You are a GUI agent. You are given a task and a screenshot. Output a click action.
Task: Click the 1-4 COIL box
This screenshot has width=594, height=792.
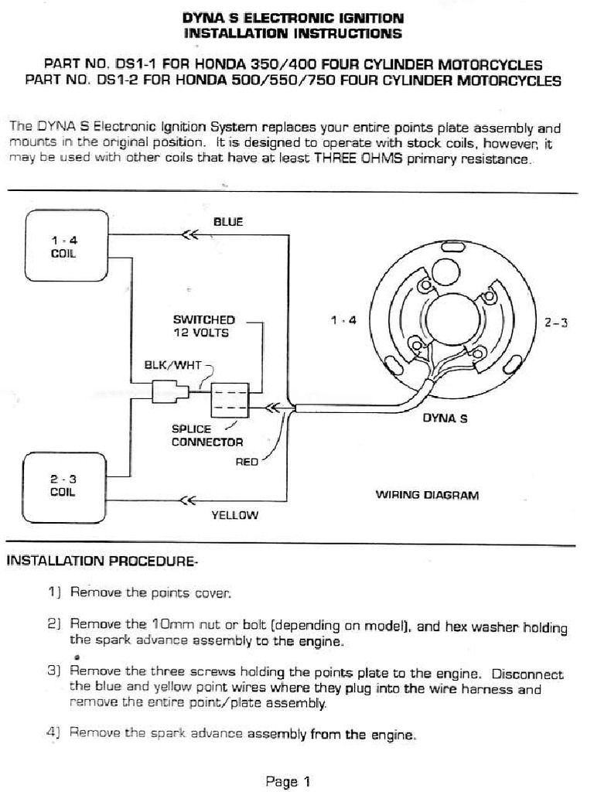66,245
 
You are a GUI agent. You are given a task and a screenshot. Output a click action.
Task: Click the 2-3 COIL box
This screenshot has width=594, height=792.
66,485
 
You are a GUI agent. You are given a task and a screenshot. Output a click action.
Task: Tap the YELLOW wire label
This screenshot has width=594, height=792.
234,515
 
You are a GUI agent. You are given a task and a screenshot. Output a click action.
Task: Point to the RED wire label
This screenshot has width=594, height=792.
247,463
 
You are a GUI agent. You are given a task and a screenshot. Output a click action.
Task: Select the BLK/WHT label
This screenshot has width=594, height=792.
173,365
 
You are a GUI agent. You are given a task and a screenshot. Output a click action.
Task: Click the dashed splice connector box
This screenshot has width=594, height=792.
229,401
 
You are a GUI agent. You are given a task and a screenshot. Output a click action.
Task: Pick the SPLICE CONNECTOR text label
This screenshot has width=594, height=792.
207,435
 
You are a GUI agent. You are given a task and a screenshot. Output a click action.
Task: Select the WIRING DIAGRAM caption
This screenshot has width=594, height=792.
427,495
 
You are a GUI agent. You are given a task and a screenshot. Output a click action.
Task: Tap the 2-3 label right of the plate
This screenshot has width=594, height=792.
556,323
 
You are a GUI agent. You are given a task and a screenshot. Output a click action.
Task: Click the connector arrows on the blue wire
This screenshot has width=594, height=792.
188,236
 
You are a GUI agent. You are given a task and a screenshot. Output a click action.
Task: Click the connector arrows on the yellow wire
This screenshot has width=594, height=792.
186,500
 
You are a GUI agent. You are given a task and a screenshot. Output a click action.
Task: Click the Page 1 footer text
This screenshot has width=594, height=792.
288,781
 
